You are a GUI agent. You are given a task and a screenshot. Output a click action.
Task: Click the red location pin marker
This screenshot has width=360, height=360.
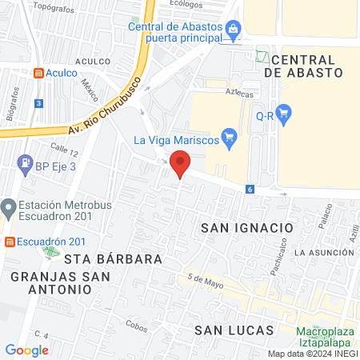[x=181, y=166]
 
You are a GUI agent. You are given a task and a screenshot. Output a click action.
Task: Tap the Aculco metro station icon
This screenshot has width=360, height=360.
[x=38, y=72]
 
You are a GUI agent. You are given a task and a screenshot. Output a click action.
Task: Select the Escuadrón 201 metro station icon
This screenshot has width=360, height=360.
[x=10, y=242]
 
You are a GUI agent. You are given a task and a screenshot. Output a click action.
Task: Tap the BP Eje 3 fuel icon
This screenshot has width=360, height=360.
[x=26, y=164]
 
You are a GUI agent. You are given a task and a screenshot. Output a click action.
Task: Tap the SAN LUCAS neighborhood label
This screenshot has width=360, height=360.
[x=234, y=330]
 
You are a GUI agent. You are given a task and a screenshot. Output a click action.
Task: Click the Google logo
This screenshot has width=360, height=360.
[x=26, y=350]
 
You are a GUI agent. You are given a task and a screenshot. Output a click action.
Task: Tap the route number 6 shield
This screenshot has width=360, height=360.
[x=250, y=189]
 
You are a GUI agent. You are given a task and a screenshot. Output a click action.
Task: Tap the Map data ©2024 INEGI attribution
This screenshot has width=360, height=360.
[x=312, y=354]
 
